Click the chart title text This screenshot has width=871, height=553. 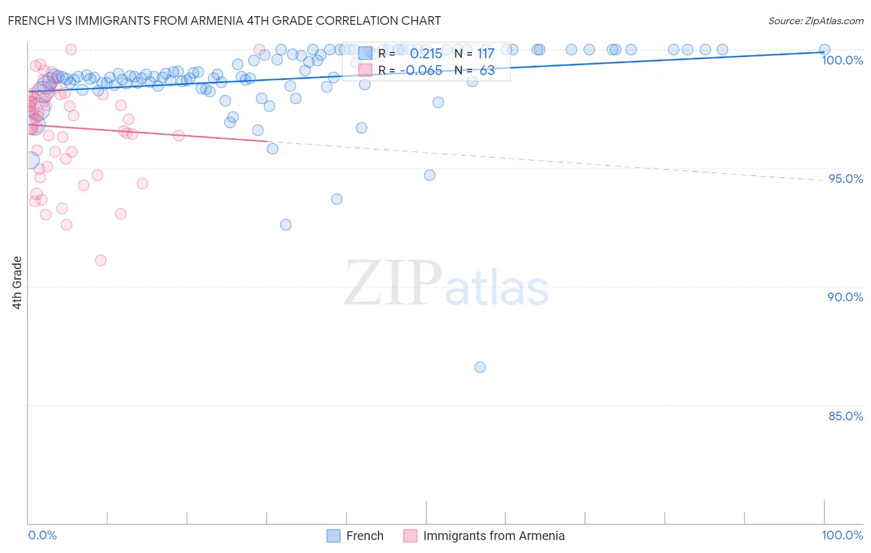click(x=224, y=20)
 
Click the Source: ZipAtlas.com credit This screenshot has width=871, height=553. click(x=815, y=20)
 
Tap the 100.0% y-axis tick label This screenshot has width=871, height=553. click(x=842, y=60)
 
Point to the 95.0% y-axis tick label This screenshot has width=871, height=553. click(x=845, y=179)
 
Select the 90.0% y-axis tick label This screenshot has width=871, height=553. click(x=845, y=297)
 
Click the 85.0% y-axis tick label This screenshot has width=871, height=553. click(x=845, y=416)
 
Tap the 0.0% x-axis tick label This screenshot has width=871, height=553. click(x=42, y=535)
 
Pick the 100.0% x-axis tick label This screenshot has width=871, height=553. click(x=842, y=535)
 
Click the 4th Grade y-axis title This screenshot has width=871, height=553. click(x=17, y=283)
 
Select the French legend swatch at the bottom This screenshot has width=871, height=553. click(x=333, y=536)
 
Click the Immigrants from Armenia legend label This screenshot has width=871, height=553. click(x=494, y=536)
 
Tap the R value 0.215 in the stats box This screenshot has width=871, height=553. click(x=426, y=54)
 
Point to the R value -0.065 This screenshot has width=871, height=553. click(x=421, y=71)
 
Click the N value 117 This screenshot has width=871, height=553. click(x=486, y=54)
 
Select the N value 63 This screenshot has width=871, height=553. click(x=487, y=71)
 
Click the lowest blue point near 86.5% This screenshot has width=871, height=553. click(x=479, y=367)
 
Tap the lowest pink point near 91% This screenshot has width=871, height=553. click(x=100, y=260)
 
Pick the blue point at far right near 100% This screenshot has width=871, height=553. click(x=825, y=50)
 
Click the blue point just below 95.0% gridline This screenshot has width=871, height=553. click(x=429, y=175)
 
